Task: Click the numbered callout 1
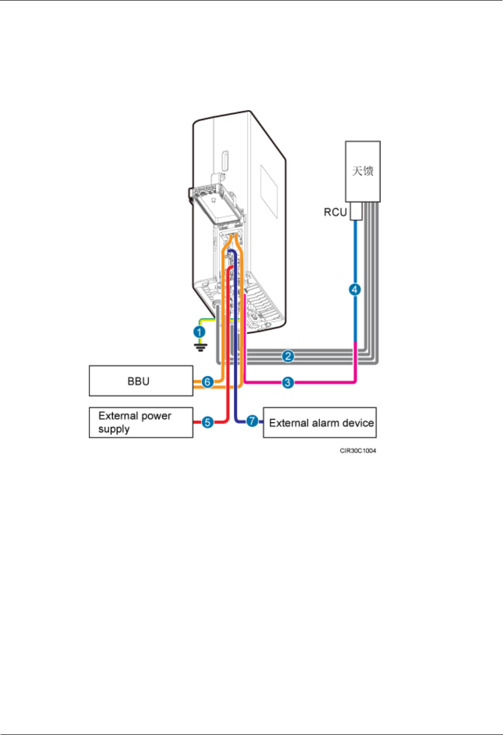(x=200, y=331)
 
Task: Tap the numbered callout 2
(x=288, y=356)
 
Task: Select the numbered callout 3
(x=288, y=383)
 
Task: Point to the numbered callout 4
(x=355, y=289)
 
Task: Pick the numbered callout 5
(x=207, y=422)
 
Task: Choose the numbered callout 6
(x=207, y=382)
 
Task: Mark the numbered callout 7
(x=252, y=421)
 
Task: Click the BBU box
(x=141, y=381)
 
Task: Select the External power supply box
(x=141, y=422)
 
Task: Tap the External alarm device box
(x=320, y=422)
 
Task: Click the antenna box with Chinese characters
(x=363, y=171)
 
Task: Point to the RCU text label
(x=335, y=212)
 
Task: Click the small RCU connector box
(x=355, y=211)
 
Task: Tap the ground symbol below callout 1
(x=201, y=347)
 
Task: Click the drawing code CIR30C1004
(x=358, y=450)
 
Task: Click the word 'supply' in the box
(x=114, y=430)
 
